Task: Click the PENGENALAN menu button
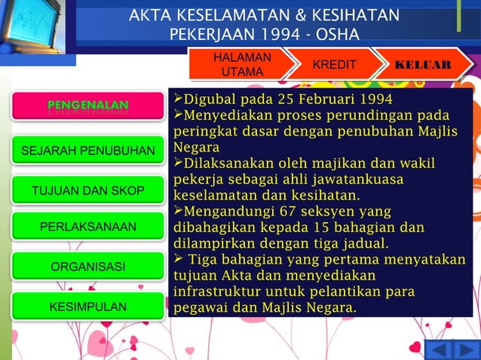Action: (87, 105)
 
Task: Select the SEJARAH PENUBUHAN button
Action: (87, 151)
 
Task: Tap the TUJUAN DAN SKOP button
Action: (87, 191)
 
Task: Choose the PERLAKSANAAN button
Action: (87, 227)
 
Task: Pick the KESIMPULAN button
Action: (87, 307)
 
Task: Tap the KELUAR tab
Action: (422, 65)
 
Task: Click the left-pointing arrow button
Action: (440, 350)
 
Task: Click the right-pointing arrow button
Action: (465, 350)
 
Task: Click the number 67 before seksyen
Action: (290, 211)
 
